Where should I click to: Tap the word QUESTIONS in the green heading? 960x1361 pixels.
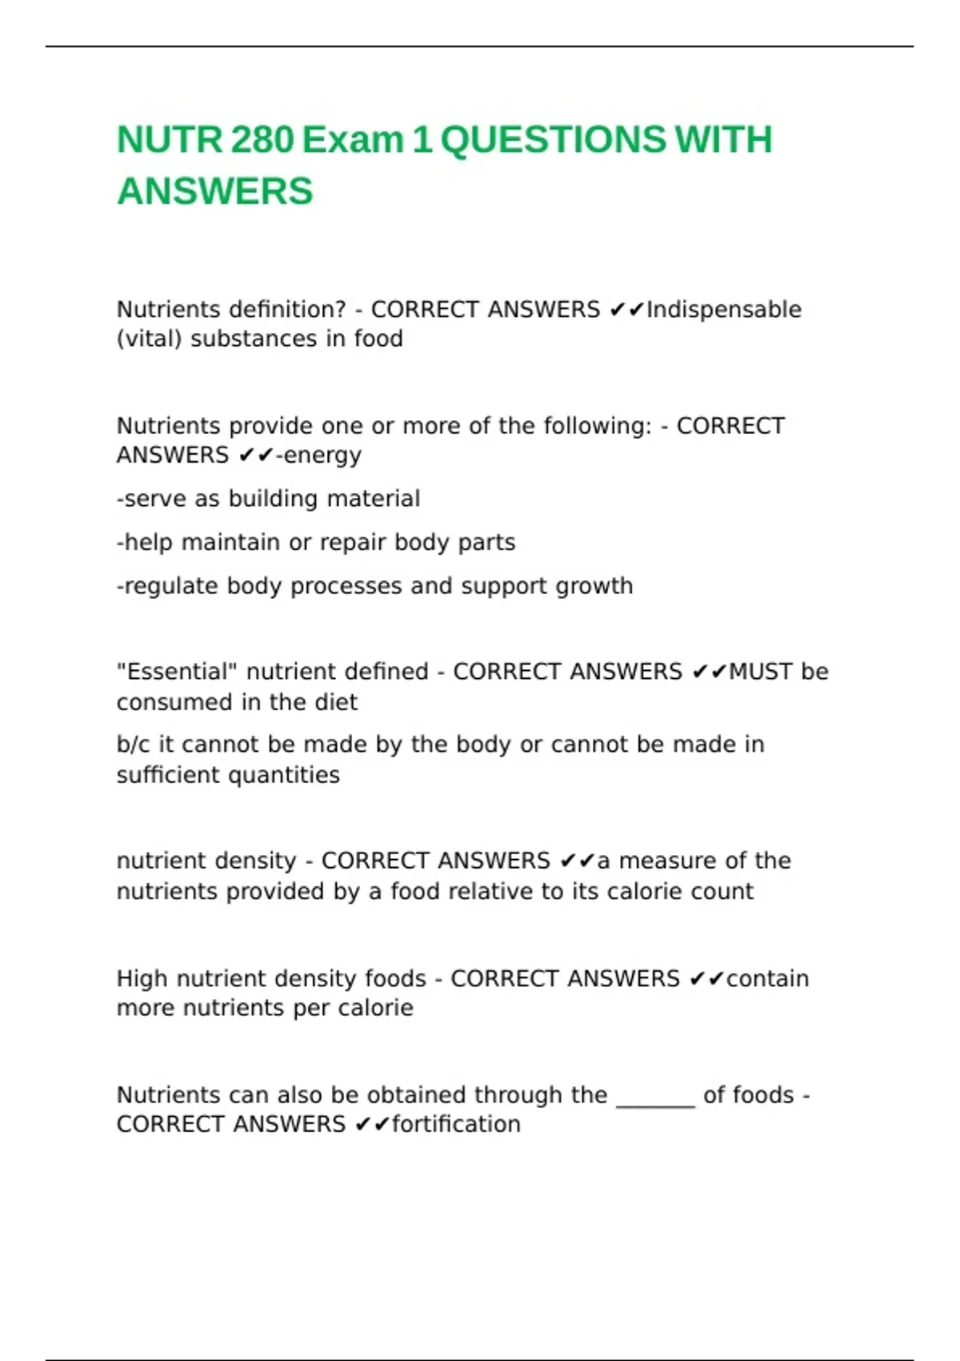[553, 140]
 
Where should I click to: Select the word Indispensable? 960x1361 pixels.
[724, 310]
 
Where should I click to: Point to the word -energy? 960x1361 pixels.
[318, 456]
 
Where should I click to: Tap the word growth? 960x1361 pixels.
[594, 586]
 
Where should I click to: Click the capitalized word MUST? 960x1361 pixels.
[760, 672]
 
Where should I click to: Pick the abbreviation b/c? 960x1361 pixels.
[134, 745]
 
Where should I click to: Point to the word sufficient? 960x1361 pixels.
[169, 775]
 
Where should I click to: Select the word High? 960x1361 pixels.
[142, 979]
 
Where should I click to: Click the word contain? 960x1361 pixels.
[768, 979]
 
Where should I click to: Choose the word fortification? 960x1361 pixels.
[456, 1125]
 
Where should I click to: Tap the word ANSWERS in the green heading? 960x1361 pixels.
[214, 192]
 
